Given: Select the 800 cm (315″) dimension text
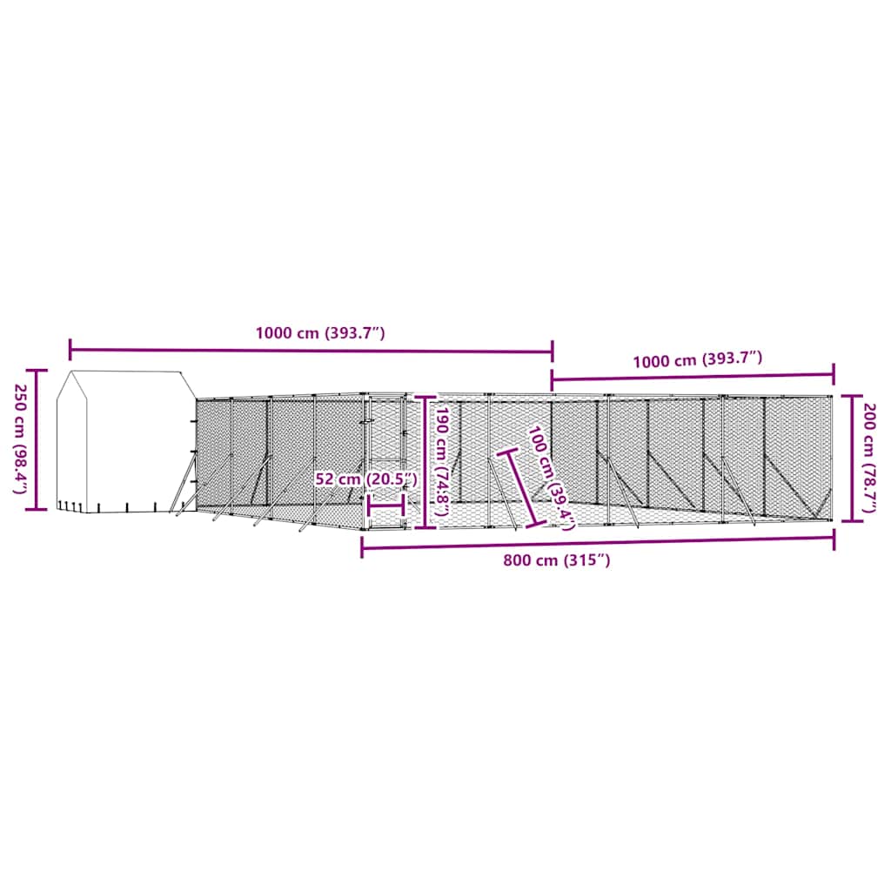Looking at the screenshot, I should point(557,561).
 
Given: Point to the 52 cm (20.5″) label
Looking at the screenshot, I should point(366,479).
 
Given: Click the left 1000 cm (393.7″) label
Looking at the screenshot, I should point(320,332).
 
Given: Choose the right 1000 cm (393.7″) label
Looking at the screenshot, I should point(698,359).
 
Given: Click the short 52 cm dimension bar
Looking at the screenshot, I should point(385,505).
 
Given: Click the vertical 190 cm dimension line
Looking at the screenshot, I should point(425,461).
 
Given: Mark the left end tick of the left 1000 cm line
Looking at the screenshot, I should point(70,350).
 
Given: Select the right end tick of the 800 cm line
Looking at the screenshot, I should point(834,540).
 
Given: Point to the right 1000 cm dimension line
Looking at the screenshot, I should point(693,377).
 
